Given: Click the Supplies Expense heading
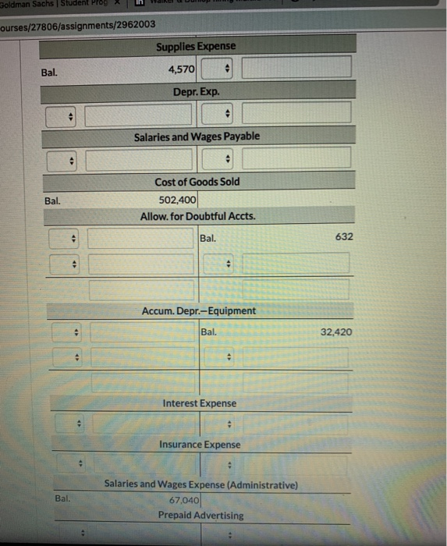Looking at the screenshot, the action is pyautogui.click(x=195, y=47).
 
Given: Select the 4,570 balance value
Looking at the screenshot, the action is pyautogui.click(x=183, y=69).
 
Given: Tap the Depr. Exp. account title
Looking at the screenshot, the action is pyautogui.click(x=197, y=91).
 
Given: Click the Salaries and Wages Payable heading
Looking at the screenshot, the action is pyautogui.click(x=197, y=136).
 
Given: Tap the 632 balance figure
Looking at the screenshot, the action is pyautogui.click(x=344, y=236).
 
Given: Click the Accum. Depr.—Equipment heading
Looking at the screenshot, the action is pyautogui.click(x=198, y=310).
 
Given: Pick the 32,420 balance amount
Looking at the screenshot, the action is pyautogui.click(x=336, y=331).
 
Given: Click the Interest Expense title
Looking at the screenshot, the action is pyautogui.click(x=199, y=403).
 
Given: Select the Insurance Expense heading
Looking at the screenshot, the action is pyautogui.click(x=200, y=445).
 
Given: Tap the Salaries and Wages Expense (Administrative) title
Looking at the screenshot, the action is pyautogui.click(x=200, y=484).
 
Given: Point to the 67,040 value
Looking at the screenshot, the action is pyautogui.click(x=184, y=500).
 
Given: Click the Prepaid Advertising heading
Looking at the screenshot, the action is pyautogui.click(x=200, y=515).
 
